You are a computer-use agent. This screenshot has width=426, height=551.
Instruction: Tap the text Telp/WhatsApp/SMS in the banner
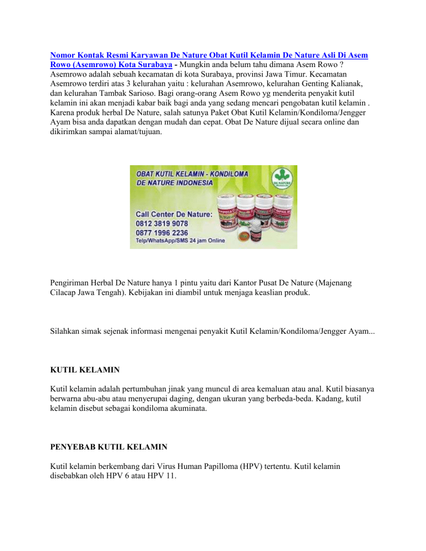click(x=166, y=242)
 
